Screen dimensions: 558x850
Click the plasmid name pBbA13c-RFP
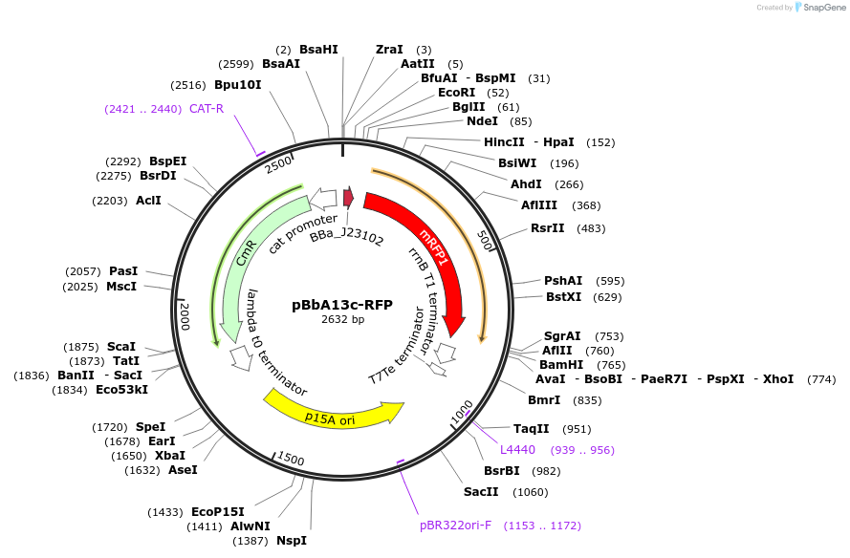[x=341, y=305]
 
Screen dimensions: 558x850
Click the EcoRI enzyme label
[x=456, y=93]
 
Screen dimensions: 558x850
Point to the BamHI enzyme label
[x=561, y=364]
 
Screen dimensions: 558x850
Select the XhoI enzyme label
[x=777, y=378]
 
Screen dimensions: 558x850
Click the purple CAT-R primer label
[x=207, y=108]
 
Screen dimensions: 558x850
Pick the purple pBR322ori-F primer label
[x=455, y=525]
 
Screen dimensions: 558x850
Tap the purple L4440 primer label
[x=517, y=449]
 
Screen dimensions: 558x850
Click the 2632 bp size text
[x=342, y=320]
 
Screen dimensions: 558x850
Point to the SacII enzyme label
[x=481, y=491]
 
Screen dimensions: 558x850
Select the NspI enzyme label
[x=292, y=540]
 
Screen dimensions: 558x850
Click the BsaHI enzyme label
[x=318, y=49]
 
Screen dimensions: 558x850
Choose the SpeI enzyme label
[x=150, y=426]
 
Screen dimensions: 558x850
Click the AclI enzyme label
[x=148, y=201]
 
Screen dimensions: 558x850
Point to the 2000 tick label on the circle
[x=185, y=313]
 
